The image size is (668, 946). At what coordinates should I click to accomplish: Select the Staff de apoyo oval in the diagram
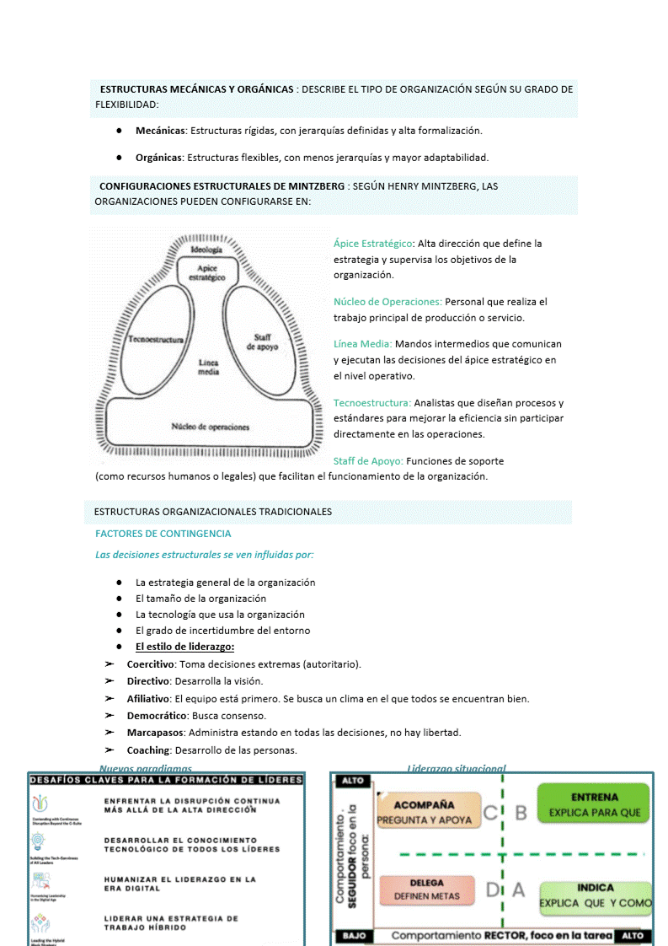[x=261, y=341]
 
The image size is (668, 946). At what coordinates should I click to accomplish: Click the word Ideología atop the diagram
[x=206, y=250]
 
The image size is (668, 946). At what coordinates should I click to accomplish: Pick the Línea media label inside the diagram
[x=208, y=367]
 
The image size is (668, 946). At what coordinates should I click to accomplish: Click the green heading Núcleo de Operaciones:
[x=387, y=302]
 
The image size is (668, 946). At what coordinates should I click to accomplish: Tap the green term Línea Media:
[x=362, y=344]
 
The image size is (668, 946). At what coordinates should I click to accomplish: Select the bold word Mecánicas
[x=160, y=131]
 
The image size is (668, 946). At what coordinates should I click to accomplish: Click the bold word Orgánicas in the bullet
[x=159, y=158]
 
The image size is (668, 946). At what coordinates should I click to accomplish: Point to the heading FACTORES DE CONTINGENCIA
[x=163, y=534]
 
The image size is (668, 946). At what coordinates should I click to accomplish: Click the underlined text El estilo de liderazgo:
[x=184, y=648]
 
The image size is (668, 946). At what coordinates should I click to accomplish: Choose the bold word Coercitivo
[x=150, y=664]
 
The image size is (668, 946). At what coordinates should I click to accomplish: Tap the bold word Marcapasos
[x=155, y=733]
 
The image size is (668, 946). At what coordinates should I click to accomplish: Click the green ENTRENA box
[x=594, y=804]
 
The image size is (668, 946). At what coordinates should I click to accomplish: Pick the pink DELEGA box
[x=427, y=890]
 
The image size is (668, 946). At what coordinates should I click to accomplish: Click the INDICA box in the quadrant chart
[x=596, y=895]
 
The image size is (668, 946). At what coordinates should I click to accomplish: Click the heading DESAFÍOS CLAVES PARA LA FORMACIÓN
[x=166, y=780]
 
